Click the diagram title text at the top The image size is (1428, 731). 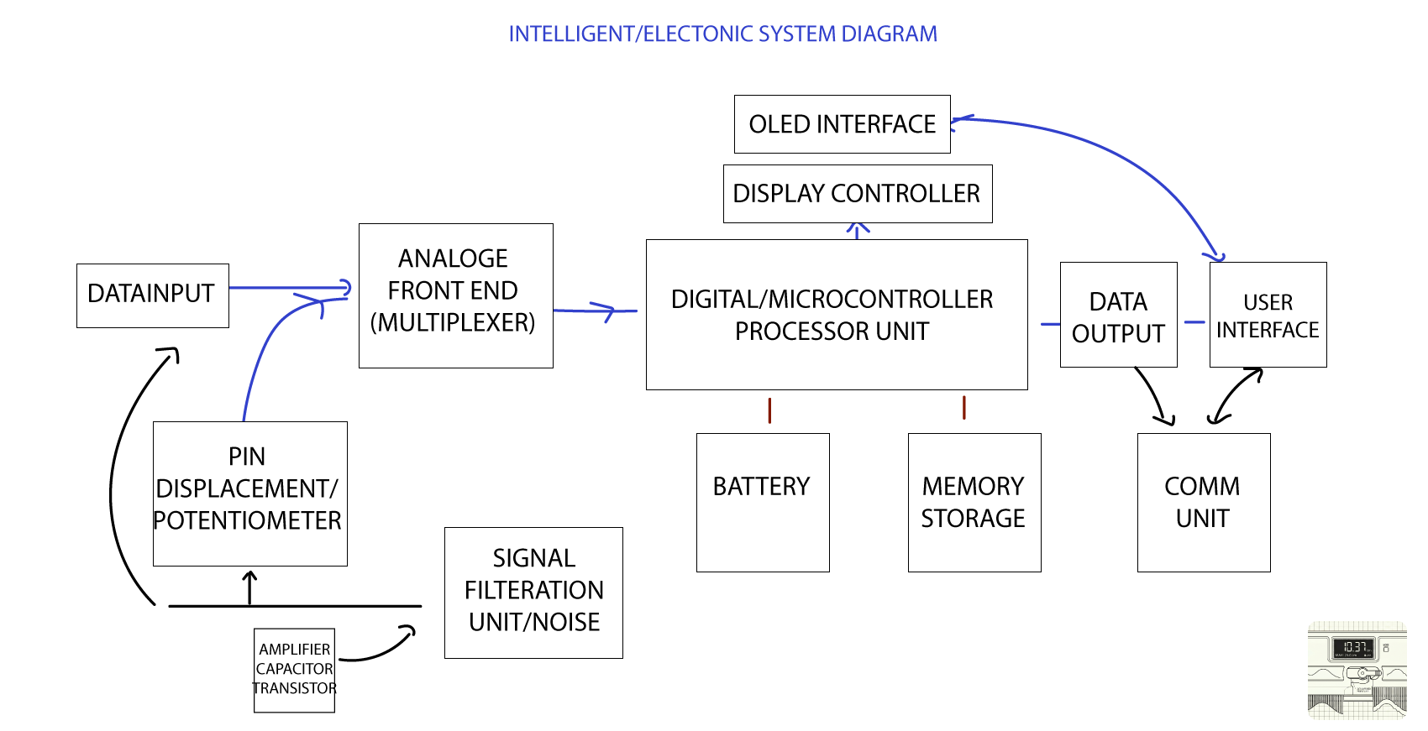[x=722, y=34]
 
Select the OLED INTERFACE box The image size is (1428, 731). [x=842, y=124]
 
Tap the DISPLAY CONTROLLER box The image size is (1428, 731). [x=857, y=194]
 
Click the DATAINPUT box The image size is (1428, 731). [x=152, y=295]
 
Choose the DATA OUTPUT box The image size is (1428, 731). [x=1118, y=316]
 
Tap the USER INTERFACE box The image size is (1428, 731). [x=1268, y=316]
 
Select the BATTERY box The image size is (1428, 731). [x=762, y=502]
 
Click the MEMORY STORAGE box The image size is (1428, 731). [x=974, y=502]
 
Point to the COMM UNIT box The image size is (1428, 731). [x=1203, y=502]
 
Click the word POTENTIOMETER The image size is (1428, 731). [x=248, y=521]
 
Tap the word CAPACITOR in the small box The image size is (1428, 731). [x=294, y=669]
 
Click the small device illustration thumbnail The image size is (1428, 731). [x=1357, y=670]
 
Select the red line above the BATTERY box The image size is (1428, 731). [x=769, y=410]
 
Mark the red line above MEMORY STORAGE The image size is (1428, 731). [x=963, y=408]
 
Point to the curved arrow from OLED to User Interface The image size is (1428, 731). [x=1117, y=155]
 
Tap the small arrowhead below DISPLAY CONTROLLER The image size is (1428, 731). [x=857, y=229]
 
